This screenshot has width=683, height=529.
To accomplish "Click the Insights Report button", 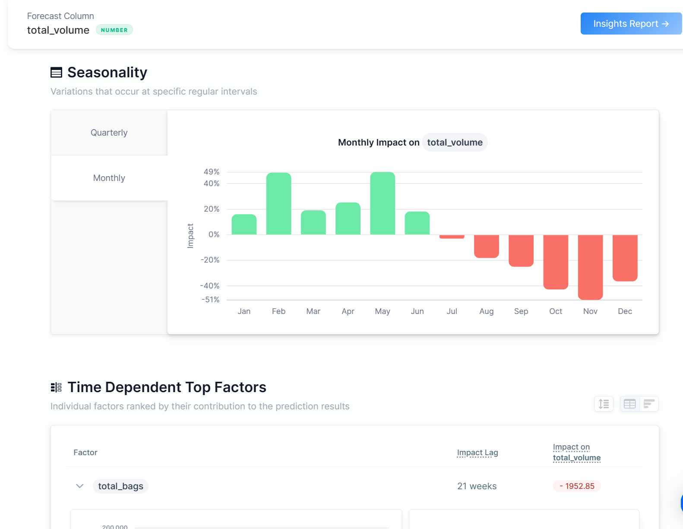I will click(630, 24).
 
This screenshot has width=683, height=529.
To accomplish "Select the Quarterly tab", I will click(109, 133).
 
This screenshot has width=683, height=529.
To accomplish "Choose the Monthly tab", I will click(109, 178).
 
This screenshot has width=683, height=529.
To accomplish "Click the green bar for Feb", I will click(278, 204).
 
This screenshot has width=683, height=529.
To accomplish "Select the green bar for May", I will click(383, 203).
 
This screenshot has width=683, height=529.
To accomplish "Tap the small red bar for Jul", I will click(452, 237).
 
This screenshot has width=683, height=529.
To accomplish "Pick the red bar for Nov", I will click(590, 267).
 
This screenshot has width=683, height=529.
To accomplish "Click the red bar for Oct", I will click(556, 262).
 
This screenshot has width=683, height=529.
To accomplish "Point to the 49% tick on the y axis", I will click(212, 172).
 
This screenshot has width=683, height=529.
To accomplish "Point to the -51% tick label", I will click(211, 300).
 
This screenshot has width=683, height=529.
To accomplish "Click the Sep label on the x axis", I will click(521, 311).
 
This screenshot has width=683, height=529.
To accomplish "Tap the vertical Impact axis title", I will click(190, 236).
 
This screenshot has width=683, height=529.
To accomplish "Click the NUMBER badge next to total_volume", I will click(114, 30).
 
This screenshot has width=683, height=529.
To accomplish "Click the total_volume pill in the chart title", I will click(455, 143).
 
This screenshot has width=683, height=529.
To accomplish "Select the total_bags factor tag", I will click(120, 486).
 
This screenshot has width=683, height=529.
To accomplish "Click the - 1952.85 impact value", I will click(577, 486).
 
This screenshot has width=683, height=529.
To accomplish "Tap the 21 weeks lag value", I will click(477, 486).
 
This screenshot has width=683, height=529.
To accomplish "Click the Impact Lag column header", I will click(477, 453).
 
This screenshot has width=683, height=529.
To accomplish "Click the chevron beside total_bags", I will click(80, 486).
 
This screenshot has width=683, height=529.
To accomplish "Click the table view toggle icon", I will click(629, 404).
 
